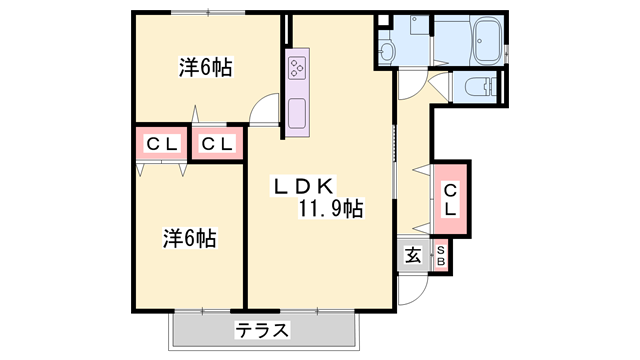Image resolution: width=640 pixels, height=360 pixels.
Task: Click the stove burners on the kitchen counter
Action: tap(297, 67)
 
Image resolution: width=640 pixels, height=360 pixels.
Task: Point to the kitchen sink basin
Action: tap(298, 112)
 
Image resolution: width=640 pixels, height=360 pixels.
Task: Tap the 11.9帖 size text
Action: tap(329, 209)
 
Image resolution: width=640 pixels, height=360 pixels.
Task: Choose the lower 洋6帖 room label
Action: tap(190, 239)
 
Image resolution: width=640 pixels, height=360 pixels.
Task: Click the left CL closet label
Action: tap(162, 144)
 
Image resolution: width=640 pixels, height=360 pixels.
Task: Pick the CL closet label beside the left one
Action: tap(217, 144)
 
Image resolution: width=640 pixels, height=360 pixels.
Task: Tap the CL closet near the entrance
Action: tap(450, 199)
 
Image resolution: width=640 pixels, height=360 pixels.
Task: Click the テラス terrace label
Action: tap(262, 329)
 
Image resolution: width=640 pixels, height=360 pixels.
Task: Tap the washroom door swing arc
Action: tap(410, 86)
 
